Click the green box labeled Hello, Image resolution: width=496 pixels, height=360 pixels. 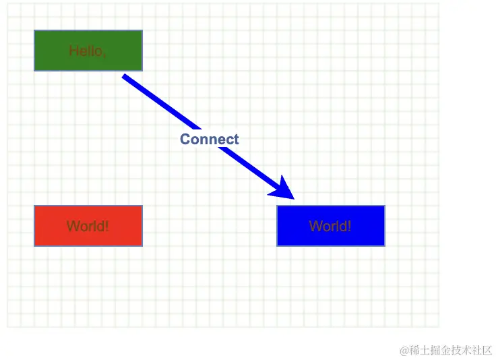pyautogui.click(x=88, y=50)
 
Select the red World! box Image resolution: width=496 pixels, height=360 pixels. pyautogui.click(x=88, y=226)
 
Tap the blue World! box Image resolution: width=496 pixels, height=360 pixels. pyautogui.click(x=330, y=226)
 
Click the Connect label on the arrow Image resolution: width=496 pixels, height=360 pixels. pyautogui.click(x=210, y=140)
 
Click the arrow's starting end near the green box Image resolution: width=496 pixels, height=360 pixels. pyautogui.click(x=125, y=78)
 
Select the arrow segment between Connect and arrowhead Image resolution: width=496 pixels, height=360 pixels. pyautogui.click(x=253, y=168)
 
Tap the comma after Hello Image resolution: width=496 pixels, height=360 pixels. pyautogui.click(x=104, y=54)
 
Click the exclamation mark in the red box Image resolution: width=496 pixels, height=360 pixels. pyautogui.click(x=107, y=226)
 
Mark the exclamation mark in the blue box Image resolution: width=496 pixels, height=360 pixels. pyautogui.click(x=349, y=226)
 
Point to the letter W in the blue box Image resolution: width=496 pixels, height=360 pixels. pyautogui.click(x=315, y=226)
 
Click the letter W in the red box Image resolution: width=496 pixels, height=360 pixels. pyautogui.click(x=72, y=226)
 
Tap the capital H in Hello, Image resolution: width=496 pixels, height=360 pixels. pyautogui.click(x=73, y=51)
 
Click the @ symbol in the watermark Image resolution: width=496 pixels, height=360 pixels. pyautogui.click(x=404, y=350)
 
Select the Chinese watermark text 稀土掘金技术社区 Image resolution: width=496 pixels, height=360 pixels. pyautogui.click(x=452, y=350)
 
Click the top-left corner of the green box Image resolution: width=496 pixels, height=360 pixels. pyautogui.click(x=35, y=31)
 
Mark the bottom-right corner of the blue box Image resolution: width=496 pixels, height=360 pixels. pyautogui.click(x=384, y=245)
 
